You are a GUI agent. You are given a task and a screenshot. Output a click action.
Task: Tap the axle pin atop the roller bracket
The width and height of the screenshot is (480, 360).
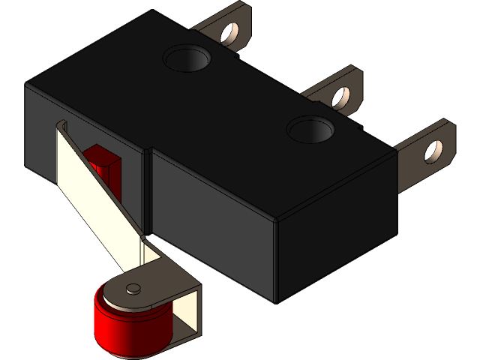[x=133, y=287]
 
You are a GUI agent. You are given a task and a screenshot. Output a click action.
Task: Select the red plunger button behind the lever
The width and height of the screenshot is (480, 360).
[x=101, y=161]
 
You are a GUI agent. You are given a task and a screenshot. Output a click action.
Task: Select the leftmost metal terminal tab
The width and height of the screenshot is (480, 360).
[x=225, y=26]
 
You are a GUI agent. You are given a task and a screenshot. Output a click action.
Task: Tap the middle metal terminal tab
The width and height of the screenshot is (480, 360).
[x=334, y=90]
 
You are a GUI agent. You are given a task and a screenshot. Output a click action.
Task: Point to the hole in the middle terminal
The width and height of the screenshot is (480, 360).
[x=340, y=95]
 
